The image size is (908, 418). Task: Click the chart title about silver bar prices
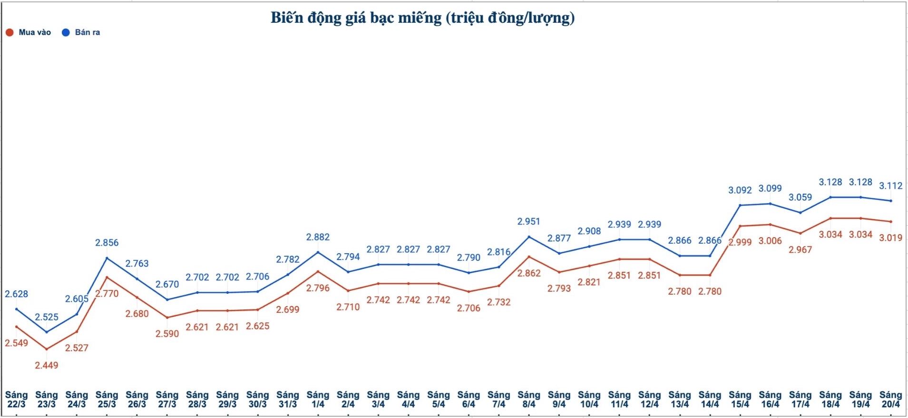[x=422, y=18]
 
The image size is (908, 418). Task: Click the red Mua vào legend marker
[x=10, y=32]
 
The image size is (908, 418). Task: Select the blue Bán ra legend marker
[x=66, y=32]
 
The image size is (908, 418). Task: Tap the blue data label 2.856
[x=107, y=243]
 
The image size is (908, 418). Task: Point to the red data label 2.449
[x=47, y=365]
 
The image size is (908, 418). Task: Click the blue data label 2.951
[x=529, y=221]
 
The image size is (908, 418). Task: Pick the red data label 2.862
[x=529, y=273]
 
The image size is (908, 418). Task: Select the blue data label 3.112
[x=890, y=186]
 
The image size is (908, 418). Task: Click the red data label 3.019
[x=890, y=238]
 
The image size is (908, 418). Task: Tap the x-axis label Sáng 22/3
[x=17, y=399]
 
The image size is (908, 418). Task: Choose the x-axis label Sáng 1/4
[x=318, y=399]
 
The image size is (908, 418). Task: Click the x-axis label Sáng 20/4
[x=890, y=399]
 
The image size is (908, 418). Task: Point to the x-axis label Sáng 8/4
[x=529, y=399]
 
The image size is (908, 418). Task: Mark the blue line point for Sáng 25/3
[x=107, y=258]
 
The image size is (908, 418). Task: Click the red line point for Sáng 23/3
[x=47, y=349]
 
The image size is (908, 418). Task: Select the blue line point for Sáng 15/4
[x=740, y=205]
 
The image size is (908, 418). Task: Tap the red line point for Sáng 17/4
[x=800, y=233]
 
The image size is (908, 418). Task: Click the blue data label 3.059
[x=800, y=197]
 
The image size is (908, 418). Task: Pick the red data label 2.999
[x=740, y=242]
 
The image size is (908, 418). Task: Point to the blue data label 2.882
[x=318, y=237]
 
